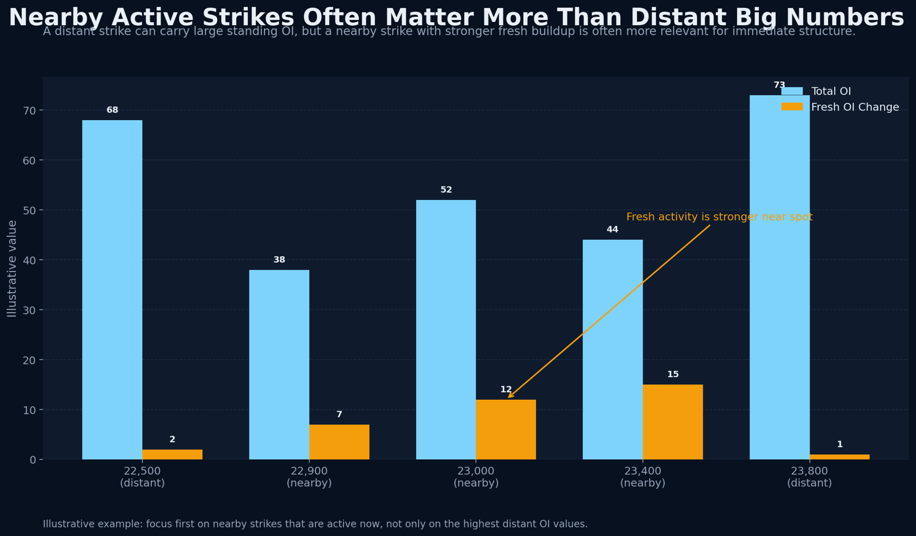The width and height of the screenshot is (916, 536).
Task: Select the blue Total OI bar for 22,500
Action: tap(112, 289)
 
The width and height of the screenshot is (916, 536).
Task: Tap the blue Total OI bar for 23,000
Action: tap(446, 329)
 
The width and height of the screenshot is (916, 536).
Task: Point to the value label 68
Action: tap(112, 110)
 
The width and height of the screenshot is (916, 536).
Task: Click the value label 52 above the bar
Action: tap(446, 190)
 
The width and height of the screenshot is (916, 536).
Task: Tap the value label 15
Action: tap(673, 375)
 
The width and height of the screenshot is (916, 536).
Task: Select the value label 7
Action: tap(339, 415)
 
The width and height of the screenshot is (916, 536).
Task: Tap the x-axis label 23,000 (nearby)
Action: tap(476, 477)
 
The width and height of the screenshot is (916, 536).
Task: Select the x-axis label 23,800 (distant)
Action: tap(809, 477)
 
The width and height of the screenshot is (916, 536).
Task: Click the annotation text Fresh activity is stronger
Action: tap(719, 217)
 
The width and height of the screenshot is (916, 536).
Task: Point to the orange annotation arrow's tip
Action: tap(508, 397)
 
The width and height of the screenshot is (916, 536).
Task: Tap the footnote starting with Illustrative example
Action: tap(315, 524)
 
